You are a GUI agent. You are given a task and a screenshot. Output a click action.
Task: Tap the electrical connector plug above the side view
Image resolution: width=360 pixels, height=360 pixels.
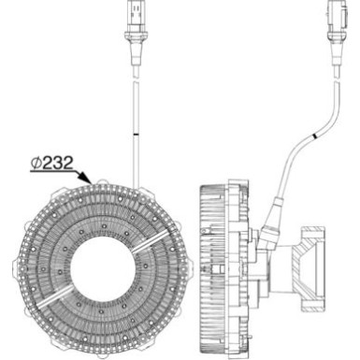(334, 20)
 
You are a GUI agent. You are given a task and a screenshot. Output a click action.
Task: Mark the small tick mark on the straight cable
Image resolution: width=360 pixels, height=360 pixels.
(134, 137)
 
